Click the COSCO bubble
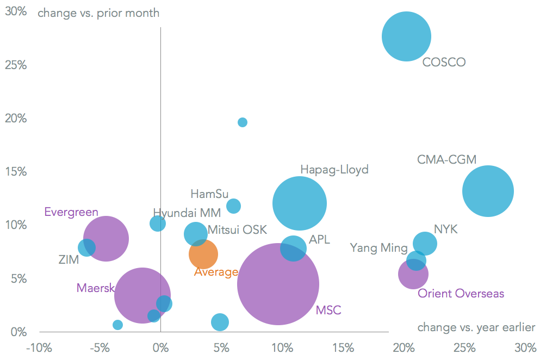click(406, 36)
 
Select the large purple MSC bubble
click(278, 284)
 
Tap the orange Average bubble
click(203, 254)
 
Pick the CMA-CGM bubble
click(488, 191)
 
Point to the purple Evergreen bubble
click(106, 238)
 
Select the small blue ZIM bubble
click(86, 248)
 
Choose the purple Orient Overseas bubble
click(413, 274)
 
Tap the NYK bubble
click(425, 243)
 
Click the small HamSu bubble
click(234, 206)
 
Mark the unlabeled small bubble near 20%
click(243, 122)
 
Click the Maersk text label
click(95, 287)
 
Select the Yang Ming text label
click(379, 248)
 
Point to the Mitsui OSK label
click(237, 230)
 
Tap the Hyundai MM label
click(187, 213)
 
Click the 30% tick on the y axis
click(16, 11)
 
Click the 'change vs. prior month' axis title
click(98, 13)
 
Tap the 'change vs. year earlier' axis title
click(476, 327)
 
